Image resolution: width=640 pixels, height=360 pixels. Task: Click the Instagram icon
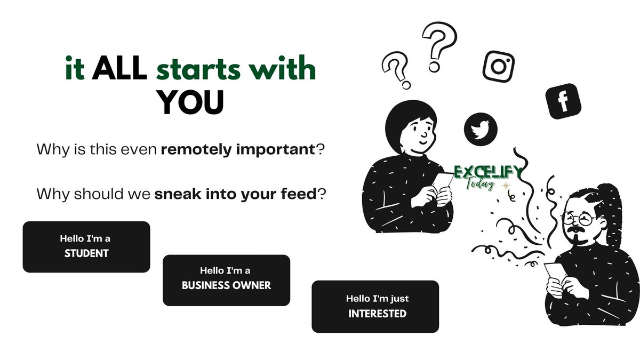499,66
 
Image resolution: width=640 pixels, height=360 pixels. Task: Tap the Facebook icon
563,101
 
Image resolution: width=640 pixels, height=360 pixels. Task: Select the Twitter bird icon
481,129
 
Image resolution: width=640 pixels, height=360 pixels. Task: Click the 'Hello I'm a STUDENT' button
86,247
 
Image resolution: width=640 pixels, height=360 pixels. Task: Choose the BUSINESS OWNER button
226,280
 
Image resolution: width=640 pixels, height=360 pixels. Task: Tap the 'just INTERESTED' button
375,307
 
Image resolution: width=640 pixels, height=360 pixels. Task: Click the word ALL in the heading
119,70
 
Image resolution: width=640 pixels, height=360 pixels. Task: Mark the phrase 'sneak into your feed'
235,194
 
